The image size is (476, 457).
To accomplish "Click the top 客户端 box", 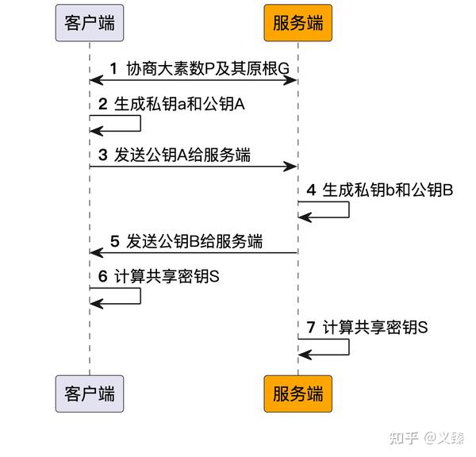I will [x=89, y=22].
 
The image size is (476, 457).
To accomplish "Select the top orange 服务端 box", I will [x=297, y=22].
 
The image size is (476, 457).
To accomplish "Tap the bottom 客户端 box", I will [x=89, y=393].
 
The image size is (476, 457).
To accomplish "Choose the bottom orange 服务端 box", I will [x=297, y=393].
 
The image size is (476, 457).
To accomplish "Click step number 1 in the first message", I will [x=113, y=69].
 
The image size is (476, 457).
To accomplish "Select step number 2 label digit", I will [x=103, y=105].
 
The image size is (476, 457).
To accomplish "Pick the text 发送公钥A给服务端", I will [x=183, y=156].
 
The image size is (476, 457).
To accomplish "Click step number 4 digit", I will [x=311, y=190].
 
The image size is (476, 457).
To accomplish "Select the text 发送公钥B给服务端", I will [x=194, y=242].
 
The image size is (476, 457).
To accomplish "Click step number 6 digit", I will [x=103, y=277].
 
